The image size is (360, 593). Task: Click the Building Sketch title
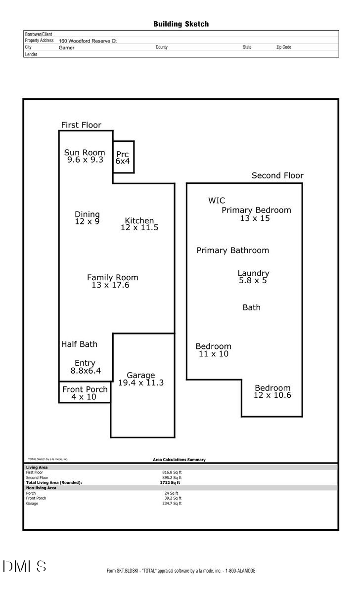click(180, 24)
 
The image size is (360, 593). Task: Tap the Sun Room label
click(85, 152)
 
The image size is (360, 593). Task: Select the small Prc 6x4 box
click(123, 157)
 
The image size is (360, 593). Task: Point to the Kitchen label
click(139, 220)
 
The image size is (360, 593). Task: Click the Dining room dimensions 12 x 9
click(87, 221)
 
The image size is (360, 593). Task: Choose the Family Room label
click(113, 277)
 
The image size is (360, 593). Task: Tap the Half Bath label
click(79, 344)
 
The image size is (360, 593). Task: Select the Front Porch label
click(85, 389)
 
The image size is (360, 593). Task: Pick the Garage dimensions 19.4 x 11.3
click(141, 382)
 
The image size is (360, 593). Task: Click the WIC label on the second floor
click(216, 200)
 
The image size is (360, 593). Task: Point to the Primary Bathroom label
click(232, 250)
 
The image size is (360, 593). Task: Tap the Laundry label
click(253, 273)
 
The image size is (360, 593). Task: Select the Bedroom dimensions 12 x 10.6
click(272, 395)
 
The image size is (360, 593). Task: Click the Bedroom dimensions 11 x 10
click(213, 354)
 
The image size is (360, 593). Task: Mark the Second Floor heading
click(277, 175)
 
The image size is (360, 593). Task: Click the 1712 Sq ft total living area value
click(172, 482)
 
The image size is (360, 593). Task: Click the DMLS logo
click(24, 566)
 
